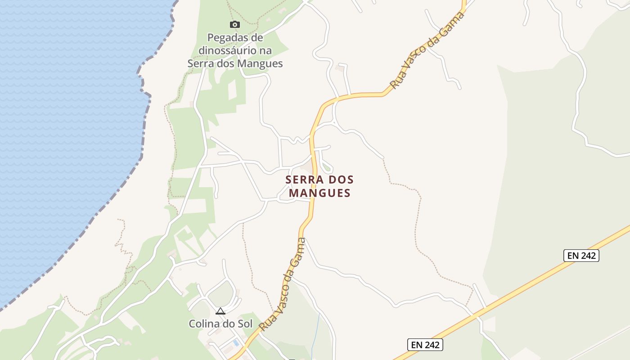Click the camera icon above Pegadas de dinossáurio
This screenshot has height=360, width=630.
(x=234, y=24)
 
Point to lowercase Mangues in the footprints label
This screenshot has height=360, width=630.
(x=260, y=63)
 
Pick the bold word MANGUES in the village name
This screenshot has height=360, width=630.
(x=319, y=193)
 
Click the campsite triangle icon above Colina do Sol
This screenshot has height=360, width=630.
(x=220, y=311)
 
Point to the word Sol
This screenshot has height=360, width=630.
(x=245, y=324)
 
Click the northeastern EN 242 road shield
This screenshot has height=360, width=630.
(x=581, y=256)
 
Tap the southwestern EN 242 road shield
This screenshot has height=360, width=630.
(x=425, y=345)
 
